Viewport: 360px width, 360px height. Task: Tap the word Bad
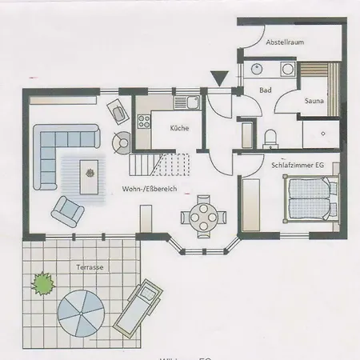(x=266, y=90)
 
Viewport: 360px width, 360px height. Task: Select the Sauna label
(x=314, y=102)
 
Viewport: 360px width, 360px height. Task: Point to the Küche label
(x=179, y=128)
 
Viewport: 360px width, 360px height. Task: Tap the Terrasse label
(x=90, y=267)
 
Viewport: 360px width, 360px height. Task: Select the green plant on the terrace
(x=42, y=282)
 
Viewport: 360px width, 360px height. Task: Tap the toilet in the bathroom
(x=271, y=138)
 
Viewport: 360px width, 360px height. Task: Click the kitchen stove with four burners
(x=146, y=122)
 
